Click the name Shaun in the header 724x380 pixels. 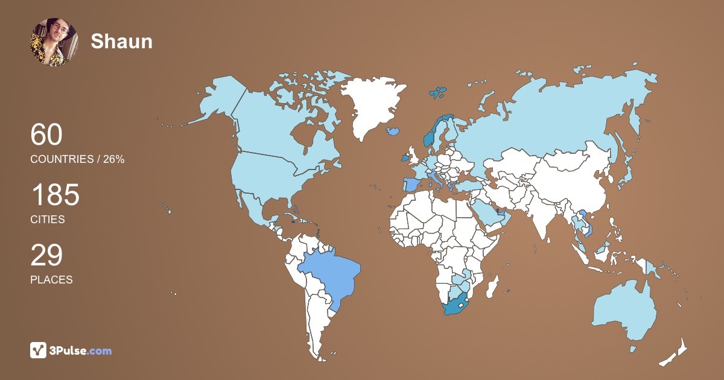tap(121, 41)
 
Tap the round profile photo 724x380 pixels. tap(54, 42)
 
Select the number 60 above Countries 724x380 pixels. tap(46, 135)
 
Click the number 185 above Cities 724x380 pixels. tap(55, 196)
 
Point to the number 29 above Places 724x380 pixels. tap(46, 256)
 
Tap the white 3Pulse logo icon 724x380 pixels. tap(39, 350)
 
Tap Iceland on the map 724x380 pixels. tap(393, 130)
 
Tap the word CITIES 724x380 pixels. tap(48, 220)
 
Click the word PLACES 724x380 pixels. tap(51, 280)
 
